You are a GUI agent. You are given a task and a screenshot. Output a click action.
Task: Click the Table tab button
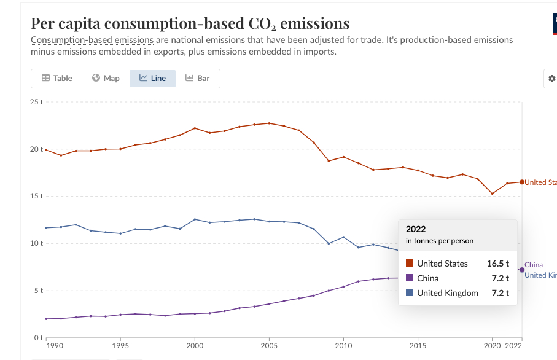[56, 78]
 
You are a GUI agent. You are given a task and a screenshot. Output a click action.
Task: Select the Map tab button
[106, 78]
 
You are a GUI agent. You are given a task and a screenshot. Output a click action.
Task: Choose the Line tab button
[152, 78]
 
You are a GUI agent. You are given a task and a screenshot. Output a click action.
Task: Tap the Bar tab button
[197, 78]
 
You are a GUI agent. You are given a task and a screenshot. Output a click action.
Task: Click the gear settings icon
[551, 79]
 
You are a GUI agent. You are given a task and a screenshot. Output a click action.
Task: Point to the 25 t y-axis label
[37, 101]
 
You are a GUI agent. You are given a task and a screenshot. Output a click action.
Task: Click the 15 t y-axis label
[37, 196]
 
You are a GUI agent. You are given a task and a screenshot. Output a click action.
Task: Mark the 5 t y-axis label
[39, 291]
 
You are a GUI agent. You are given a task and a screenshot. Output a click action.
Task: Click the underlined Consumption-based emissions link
[92, 41]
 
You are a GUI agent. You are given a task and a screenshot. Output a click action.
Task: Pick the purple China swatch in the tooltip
[410, 278]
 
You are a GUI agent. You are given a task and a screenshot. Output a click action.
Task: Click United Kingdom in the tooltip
[447, 293]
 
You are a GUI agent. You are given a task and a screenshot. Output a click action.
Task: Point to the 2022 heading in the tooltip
[416, 229]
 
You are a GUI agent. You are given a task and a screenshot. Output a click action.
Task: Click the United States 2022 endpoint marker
[522, 182]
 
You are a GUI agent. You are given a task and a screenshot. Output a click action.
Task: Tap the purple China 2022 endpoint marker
[522, 270]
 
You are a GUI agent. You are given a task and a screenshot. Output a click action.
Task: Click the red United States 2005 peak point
[269, 123]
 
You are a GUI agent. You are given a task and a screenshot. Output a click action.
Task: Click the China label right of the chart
[534, 265]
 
